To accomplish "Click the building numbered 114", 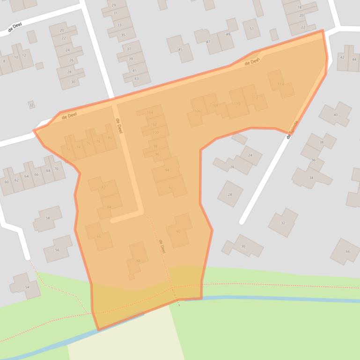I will coord(281,84).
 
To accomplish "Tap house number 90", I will coord(178,231).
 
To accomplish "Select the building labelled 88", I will coord(138,260).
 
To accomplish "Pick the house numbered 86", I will coord(99,237).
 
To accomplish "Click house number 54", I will coord(27,287).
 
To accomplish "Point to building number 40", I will coord(335,115).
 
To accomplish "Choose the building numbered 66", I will coord(347,252).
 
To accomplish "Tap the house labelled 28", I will coord(230,194).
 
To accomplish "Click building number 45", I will coord(180,50).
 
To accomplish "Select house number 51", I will coord(251,29).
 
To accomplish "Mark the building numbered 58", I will coord(47,218).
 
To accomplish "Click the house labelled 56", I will coord(57,250).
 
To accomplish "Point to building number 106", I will coord(197,111).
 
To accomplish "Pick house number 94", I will coord(167,170).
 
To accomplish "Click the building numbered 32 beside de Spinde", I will coord(283,223).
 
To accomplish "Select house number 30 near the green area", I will coord(243,246).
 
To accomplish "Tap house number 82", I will coord(103,187).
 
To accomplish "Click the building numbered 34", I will coord(311,178).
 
